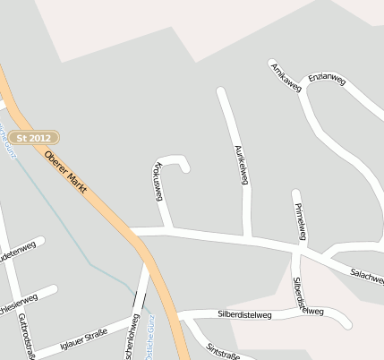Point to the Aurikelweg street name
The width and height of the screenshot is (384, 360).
240,164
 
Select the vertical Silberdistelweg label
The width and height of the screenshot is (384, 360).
298,291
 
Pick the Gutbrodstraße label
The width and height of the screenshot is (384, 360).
24,337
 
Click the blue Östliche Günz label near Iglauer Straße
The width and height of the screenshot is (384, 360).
149,333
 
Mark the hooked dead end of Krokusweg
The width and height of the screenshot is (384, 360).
185,168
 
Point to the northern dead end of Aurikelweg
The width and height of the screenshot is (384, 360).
221,91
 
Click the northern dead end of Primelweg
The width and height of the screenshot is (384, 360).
295,193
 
